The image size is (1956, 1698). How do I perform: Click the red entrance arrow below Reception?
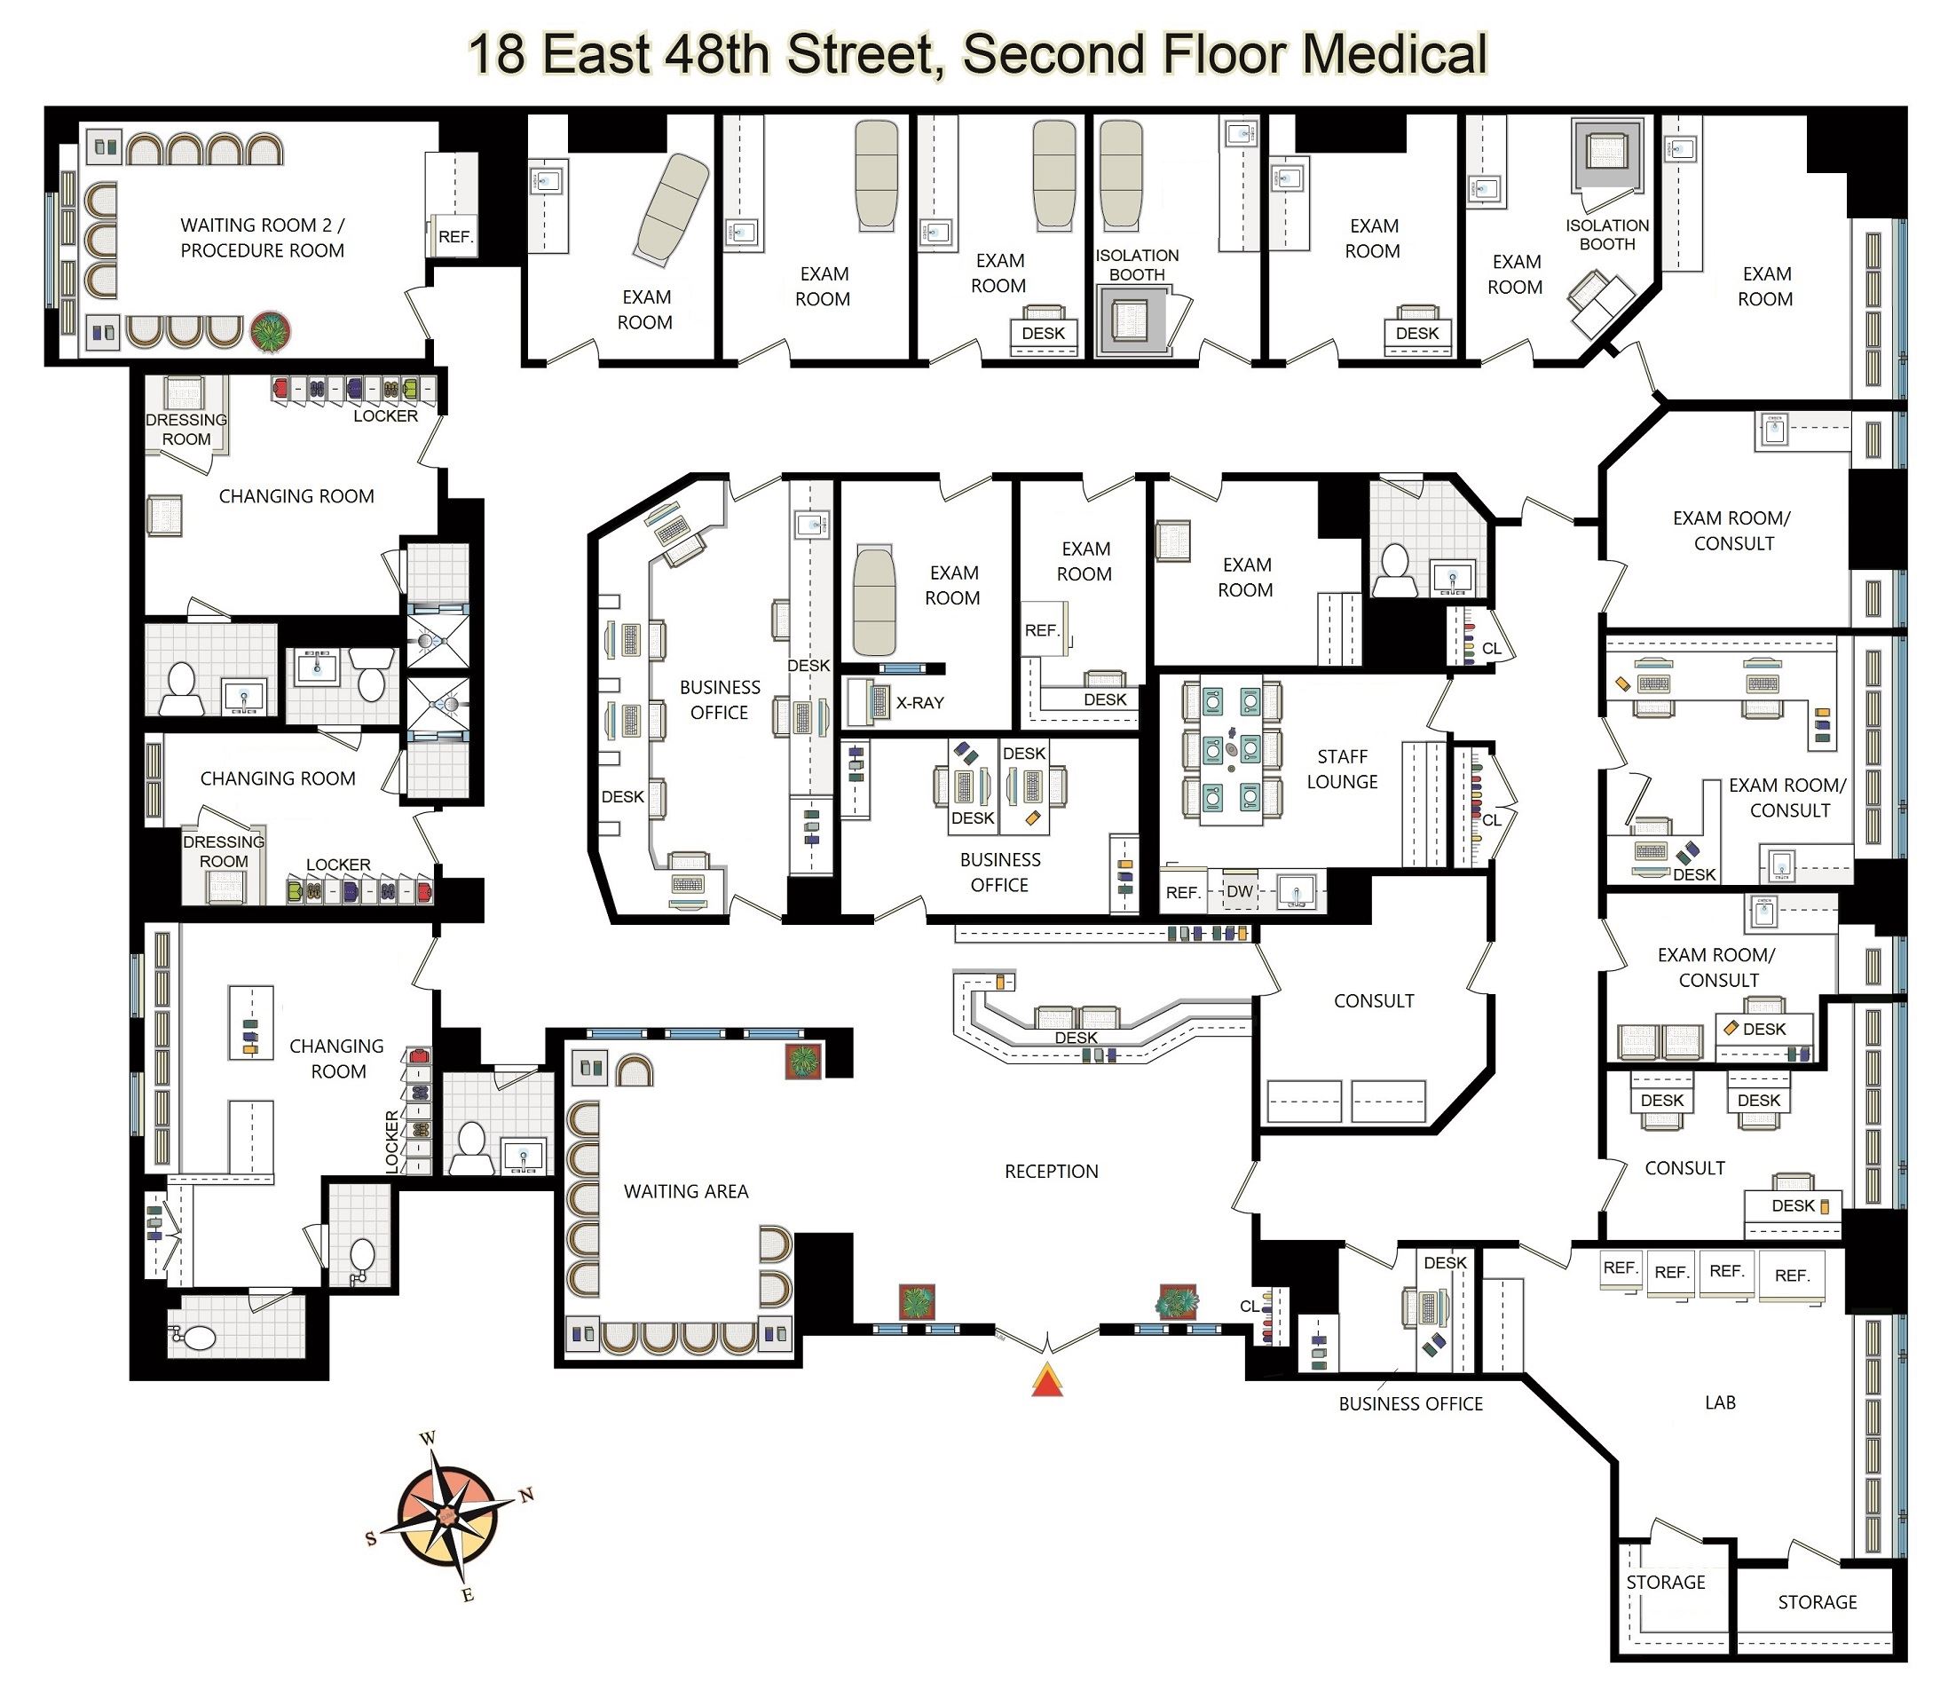point(1045,1380)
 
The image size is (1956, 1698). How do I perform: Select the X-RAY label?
point(919,702)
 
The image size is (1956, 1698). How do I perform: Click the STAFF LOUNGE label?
point(1342,769)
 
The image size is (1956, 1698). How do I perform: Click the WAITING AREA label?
point(686,1191)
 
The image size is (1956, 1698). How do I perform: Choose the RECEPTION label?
point(1052,1171)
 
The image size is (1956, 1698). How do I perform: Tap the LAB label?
point(1720,1402)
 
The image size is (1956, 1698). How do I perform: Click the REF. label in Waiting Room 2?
point(455,237)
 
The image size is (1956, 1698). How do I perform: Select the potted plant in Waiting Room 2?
point(271,333)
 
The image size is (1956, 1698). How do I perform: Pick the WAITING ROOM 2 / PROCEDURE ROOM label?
point(263,238)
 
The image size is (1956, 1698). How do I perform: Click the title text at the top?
point(977,54)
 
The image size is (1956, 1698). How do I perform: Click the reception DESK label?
point(1076,1038)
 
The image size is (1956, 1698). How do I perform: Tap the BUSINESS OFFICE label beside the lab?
point(1410,1404)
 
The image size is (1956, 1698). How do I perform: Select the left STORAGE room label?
point(1665,1583)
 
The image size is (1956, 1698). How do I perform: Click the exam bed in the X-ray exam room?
point(874,600)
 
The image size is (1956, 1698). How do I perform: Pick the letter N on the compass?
point(526,1496)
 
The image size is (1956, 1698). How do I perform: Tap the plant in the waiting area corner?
point(803,1062)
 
